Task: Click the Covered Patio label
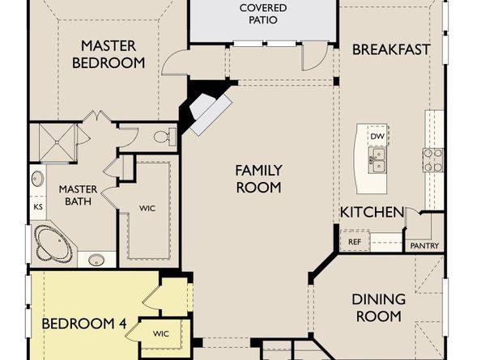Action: click(263, 14)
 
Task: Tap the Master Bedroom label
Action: click(109, 54)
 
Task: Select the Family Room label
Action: click(258, 179)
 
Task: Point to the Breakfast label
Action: click(391, 49)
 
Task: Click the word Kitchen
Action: click(372, 212)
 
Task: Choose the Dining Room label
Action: click(378, 307)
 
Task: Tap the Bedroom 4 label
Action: click(83, 324)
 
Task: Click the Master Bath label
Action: click(78, 195)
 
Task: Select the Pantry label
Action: click(424, 246)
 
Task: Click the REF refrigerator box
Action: click(355, 241)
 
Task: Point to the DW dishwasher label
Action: click(377, 137)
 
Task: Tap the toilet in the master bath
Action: click(164, 137)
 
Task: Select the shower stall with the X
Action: click(57, 142)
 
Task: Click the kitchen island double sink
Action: click(377, 160)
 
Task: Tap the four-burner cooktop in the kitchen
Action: click(433, 160)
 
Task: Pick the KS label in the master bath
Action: click(38, 207)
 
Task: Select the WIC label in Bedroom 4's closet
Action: click(161, 333)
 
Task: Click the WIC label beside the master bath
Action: click(147, 209)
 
